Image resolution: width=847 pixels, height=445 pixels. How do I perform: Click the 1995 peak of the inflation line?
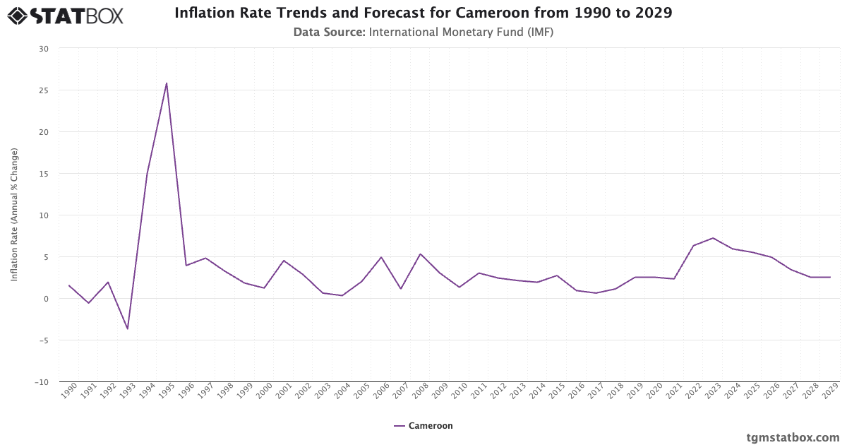167,83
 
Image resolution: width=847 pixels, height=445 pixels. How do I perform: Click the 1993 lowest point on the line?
128,328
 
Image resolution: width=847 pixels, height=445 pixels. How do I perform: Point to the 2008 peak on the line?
420,254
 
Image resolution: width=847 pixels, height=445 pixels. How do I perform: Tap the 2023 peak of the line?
713,238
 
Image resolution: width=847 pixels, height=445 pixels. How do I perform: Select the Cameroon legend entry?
423,426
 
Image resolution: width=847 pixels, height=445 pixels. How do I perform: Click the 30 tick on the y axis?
44,49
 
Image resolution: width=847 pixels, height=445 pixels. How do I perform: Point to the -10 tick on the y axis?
42,382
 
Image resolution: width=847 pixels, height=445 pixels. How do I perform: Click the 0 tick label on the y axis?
47,299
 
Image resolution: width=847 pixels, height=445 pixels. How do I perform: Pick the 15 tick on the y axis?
44,174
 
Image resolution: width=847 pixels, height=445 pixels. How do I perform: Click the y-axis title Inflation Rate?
14,215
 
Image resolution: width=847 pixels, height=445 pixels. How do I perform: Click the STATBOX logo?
65,15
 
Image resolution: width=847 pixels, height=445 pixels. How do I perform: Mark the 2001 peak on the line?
284,261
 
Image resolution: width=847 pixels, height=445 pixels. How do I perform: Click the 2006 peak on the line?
381,257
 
